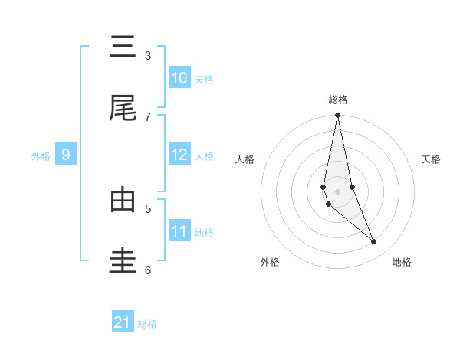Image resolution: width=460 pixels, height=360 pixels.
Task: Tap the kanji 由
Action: (x=123, y=201)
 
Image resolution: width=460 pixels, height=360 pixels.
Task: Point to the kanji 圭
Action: (x=123, y=261)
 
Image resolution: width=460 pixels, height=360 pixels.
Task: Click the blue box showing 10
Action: (x=179, y=78)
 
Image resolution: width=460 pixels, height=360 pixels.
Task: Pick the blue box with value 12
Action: (x=179, y=155)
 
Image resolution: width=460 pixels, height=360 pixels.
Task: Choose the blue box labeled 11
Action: (x=179, y=231)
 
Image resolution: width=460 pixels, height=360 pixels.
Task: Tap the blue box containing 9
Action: (x=66, y=155)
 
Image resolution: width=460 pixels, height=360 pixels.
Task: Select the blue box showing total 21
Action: (x=123, y=322)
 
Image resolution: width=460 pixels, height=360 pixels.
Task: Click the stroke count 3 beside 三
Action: (x=148, y=55)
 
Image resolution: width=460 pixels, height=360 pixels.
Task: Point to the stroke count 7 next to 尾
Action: (x=148, y=116)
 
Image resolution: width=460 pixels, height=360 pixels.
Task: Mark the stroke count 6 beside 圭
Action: (x=148, y=270)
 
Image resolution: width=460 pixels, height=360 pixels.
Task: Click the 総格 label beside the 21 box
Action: (x=147, y=324)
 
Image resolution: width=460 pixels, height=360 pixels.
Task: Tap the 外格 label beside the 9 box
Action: (x=41, y=156)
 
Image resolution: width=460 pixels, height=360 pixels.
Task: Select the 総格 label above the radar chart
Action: (x=338, y=100)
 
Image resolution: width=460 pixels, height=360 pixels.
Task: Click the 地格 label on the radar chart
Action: (x=402, y=263)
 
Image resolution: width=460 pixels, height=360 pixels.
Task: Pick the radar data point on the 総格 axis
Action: (x=337, y=116)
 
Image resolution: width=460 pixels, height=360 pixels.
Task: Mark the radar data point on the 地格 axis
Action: (x=374, y=242)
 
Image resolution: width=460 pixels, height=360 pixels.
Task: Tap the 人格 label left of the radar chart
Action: (x=245, y=159)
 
